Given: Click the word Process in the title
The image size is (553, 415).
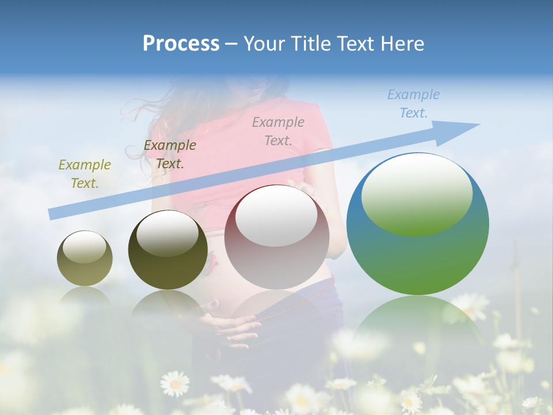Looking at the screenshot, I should [x=181, y=44].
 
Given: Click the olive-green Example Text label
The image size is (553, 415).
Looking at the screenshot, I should [x=85, y=174].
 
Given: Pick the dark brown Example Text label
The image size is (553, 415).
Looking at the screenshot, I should [x=170, y=154].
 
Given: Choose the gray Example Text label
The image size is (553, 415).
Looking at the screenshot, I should [x=278, y=131].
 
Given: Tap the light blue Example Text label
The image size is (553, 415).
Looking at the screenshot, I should [x=414, y=104].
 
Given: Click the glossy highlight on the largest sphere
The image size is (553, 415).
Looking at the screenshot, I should [x=417, y=194].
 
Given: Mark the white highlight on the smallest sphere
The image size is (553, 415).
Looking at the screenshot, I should [x=84, y=248].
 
